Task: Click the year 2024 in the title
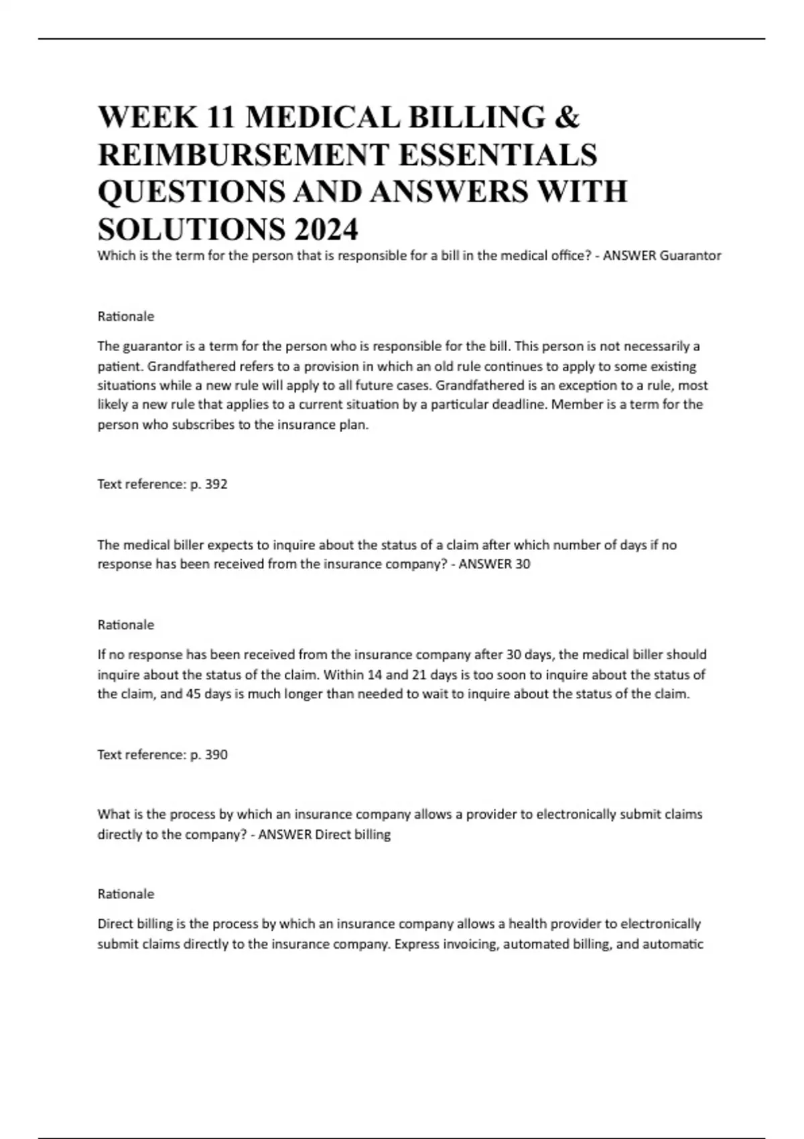[325, 230]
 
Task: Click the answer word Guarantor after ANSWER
[690, 256]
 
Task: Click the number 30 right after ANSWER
[522, 564]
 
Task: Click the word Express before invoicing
[419, 945]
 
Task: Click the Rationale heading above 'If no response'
[126, 625]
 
